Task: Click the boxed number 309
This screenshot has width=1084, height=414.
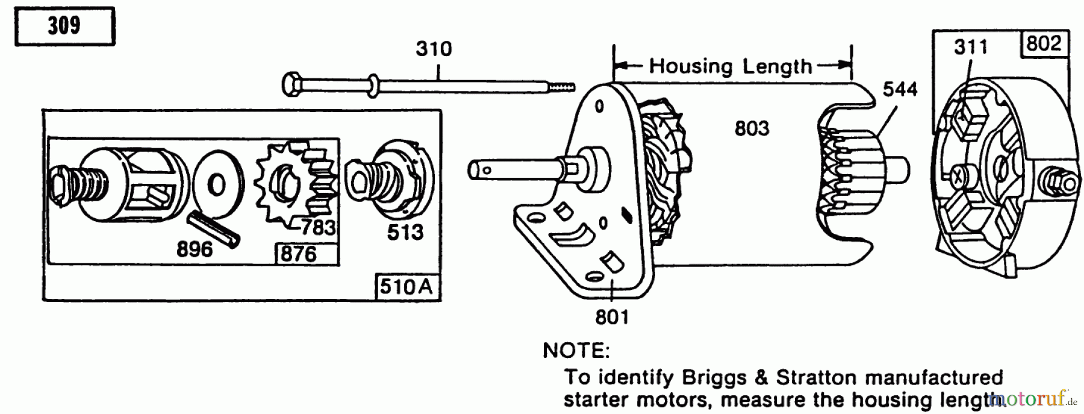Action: click(x=64, y=25)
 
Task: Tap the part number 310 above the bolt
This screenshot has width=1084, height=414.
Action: click(x=434, y=48)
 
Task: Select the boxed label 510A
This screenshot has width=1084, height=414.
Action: click(x=406, y=287)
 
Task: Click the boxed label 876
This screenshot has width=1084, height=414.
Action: click(x=298, y=254)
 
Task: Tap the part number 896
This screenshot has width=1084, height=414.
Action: click(x=195, y=249)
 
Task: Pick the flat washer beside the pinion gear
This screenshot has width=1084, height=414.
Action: click(x=217, y=186)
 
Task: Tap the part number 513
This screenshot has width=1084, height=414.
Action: click(x=405, y=232)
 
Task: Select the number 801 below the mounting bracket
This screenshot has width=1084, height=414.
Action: click(x=612, y=316)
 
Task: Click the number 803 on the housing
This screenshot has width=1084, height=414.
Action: click(x=752, y=128)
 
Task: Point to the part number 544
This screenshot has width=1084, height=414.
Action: click(x=900, y=89)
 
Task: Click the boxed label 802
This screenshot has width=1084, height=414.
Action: click(x=1044, y=43)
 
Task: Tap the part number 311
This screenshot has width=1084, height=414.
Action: click(x=971, y=47)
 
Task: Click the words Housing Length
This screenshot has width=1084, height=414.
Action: click(x=730, y=66)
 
